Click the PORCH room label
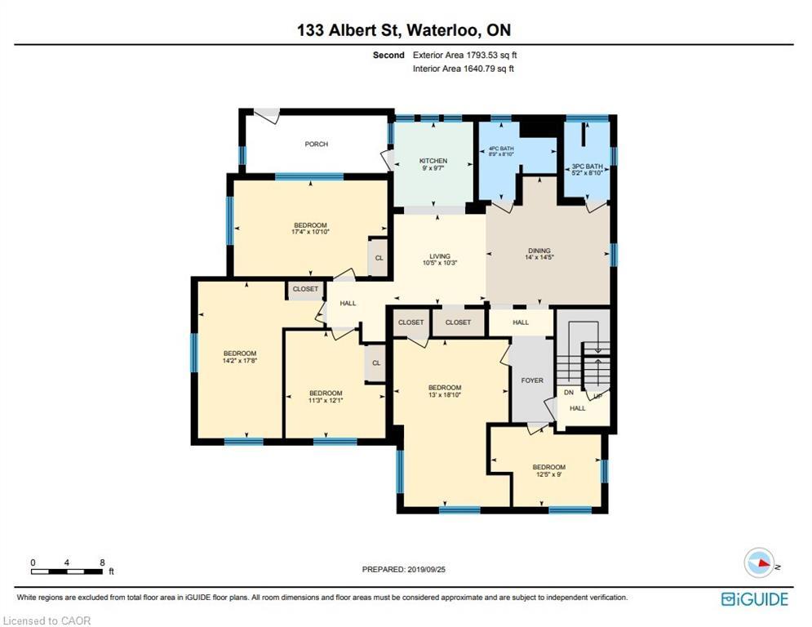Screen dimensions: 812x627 (316, 144)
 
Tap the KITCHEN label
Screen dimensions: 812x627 (433, 161)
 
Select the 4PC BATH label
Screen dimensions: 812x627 (501, 149)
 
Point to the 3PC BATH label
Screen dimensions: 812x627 (588, 167)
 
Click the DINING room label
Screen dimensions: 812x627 (539, 251)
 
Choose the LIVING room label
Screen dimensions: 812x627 (440, 256)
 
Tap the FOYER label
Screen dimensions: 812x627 (532, 380)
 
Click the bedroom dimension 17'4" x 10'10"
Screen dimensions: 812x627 (310, 232)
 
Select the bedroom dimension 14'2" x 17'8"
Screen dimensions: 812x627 (240, 360)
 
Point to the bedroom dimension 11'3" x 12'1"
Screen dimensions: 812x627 (326, 400)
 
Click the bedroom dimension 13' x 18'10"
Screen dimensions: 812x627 (444, 394)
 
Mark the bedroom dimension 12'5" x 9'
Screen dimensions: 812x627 (549, 474)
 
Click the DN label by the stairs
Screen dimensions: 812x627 (569, 392)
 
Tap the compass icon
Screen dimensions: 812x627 (759, 563)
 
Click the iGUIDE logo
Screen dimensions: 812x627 (755, 599)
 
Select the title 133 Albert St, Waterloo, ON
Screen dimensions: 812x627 (404, 29)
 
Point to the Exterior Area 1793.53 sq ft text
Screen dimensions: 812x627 (464, 55)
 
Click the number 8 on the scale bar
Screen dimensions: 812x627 (102, 563)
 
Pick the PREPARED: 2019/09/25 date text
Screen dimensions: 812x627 (403, 569)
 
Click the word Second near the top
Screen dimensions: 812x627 (388, 55)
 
